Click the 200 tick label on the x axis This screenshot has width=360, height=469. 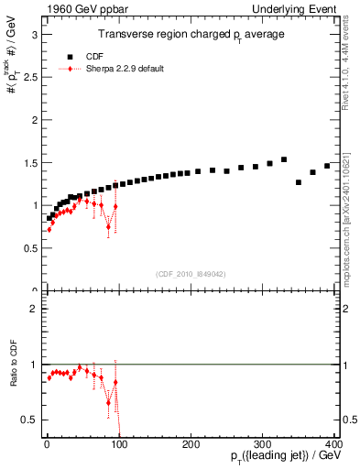[191, 443]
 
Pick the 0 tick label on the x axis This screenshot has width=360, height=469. [47, 443]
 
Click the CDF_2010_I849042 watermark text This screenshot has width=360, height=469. [189, 274]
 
